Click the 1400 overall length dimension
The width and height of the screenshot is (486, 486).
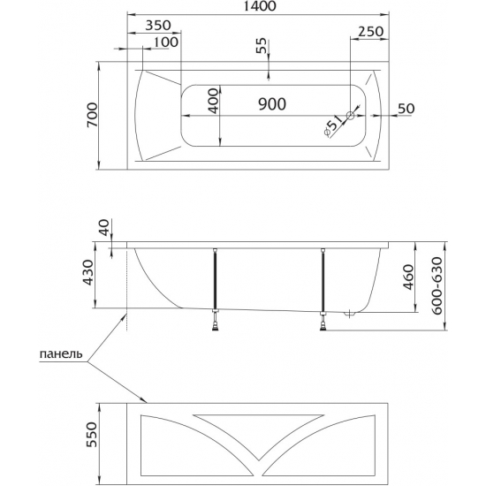(258, 6)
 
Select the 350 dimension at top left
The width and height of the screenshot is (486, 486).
(158, 26)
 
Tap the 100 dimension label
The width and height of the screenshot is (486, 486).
(166, 42)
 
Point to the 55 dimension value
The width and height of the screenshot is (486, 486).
(262, 46)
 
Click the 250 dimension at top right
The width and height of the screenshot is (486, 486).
(371, 31)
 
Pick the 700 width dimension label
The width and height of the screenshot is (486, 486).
(92, 115)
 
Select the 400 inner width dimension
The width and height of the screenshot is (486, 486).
(213, 102)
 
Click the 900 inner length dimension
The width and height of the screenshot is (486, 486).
(272, 104)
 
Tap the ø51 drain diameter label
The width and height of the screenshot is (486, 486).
(333, 125)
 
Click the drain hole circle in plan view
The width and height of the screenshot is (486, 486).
(350, 116)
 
